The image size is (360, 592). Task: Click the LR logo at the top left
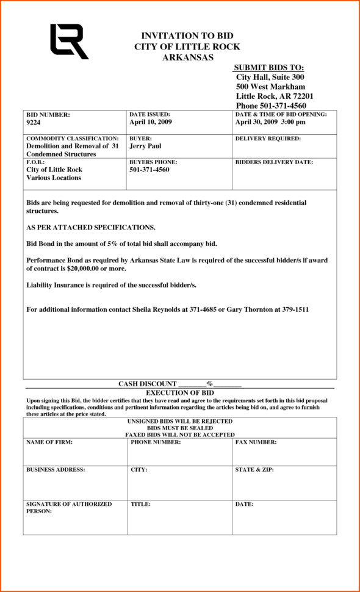[x=68, y=41]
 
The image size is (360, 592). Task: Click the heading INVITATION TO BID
[x=187, y=36]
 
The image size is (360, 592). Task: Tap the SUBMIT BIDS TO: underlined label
[x=268, y=67]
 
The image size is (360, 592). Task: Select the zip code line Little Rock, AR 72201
[x=275, y=96]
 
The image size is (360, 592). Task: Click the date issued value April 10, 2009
[x=151, y=122]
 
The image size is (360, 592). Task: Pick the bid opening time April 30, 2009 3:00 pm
[x=270, y=122]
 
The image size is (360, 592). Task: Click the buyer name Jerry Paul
[x=145, y=146]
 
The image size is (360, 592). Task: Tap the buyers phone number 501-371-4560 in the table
[x=149, y=170]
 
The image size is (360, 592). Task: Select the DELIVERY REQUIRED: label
[x=268, y=139]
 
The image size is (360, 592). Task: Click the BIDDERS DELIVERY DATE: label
[x=274, y=162]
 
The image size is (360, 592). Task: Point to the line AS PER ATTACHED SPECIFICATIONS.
[x=91, y=228]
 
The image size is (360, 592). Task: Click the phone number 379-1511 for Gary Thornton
[x=295, y=309]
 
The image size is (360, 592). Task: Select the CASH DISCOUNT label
[x=147, y=384]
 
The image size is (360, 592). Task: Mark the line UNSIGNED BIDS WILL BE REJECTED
[x=179, y=421]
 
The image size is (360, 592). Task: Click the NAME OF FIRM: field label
[x=49, y=442]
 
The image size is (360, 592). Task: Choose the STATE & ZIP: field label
[x=254, y=470]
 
